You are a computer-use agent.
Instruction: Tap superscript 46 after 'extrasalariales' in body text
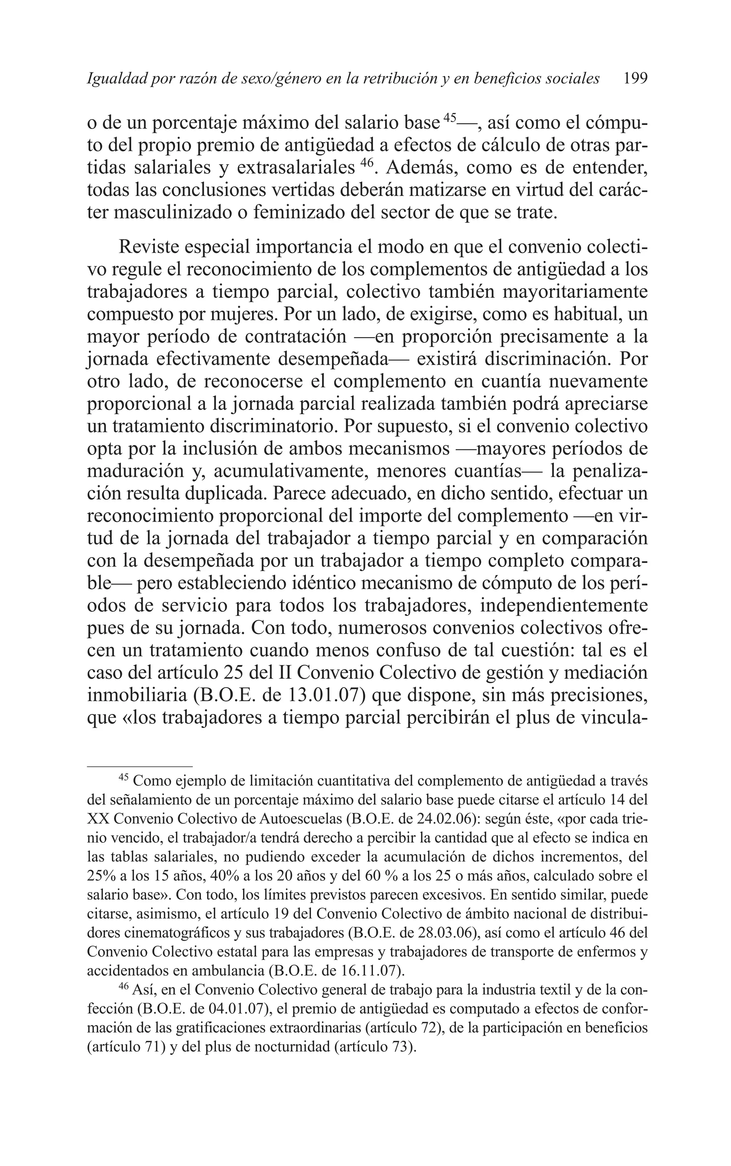367,163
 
